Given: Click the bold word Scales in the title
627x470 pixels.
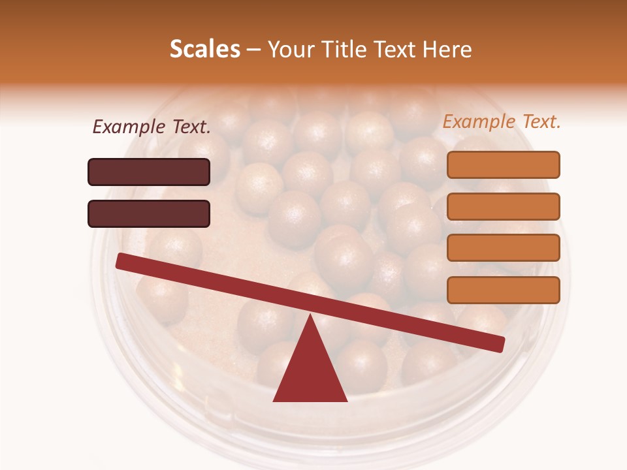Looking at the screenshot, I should [204, 50].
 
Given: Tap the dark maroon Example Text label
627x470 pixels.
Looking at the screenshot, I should [152, 127].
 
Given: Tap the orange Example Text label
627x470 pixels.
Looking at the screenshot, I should [502, 121].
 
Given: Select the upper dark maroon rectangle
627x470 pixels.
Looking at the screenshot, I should [149, 172].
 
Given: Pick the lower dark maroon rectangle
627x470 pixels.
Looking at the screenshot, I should [149, 213].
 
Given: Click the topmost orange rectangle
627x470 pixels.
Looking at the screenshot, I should [503, 164].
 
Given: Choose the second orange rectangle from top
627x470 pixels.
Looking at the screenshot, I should [503, 206].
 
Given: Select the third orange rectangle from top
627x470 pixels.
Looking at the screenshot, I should [503, 248].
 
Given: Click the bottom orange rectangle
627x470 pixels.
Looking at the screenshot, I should [503, 290].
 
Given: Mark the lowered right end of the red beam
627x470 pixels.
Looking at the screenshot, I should [499, 344].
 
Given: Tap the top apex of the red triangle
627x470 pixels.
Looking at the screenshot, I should [310, 316].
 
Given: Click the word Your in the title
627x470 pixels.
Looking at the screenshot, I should [291, 50].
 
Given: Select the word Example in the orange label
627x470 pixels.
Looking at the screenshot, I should [478, 121].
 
